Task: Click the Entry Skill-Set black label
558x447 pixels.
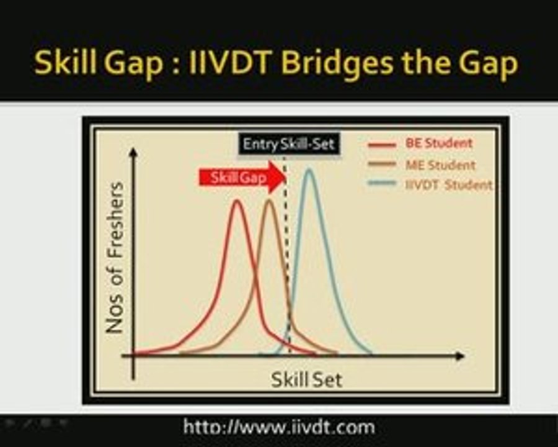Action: coord(288,144)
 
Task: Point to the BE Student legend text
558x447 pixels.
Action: coord(438,143)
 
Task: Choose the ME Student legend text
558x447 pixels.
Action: coord(440,165)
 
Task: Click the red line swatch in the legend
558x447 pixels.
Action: coord(381,145)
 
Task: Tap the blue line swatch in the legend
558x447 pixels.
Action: coord(381,184)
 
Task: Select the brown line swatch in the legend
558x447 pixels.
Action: coord(381,165)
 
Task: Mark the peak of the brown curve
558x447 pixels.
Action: coord(269,200)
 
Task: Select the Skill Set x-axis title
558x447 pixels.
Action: coord(306,379)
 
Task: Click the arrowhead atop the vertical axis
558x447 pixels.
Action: coord(131,151)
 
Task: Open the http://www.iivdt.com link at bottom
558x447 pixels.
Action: coord(279,427)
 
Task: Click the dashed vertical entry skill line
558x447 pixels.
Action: coord(286,261)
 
